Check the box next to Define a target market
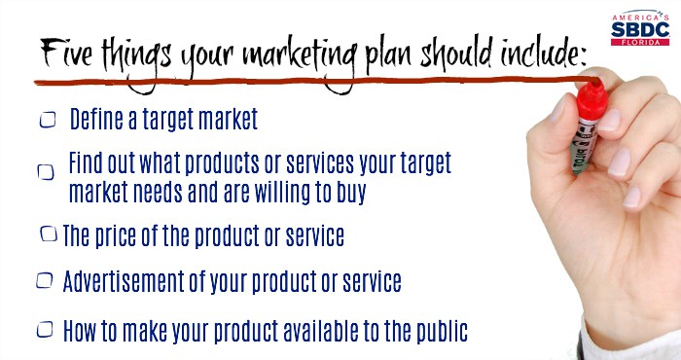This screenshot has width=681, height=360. pos(47,120)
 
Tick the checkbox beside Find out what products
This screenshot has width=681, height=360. pos(46,171)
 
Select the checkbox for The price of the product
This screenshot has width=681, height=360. pos(49,235)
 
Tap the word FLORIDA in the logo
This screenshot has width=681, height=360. pos(639,41)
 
